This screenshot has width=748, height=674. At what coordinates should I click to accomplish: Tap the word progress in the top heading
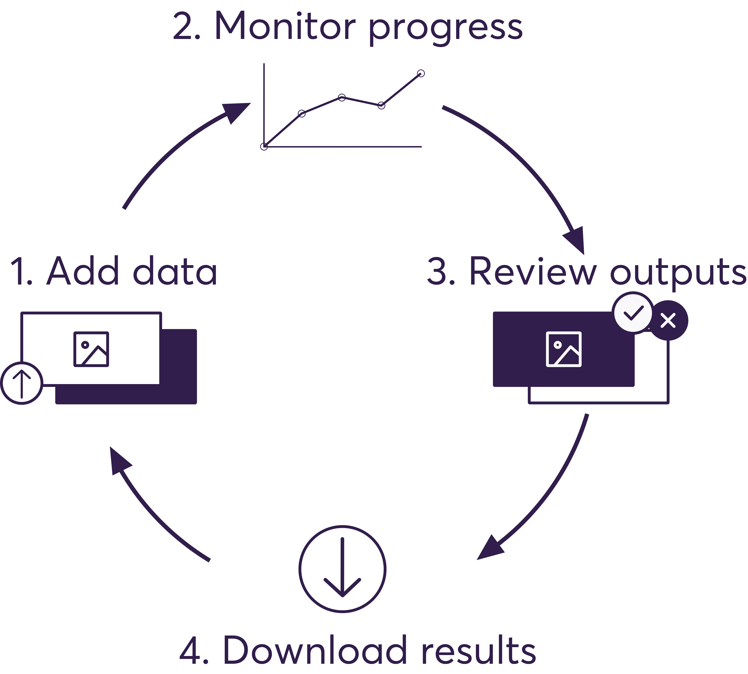445,29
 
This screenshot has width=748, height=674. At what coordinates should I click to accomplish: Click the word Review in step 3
533,271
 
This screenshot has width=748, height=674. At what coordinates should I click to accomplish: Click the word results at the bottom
479,651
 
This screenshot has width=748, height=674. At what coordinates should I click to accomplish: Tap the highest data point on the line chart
421,73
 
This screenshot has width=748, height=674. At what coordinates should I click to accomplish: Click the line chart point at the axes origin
264,147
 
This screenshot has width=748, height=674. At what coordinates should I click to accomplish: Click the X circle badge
668,320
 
